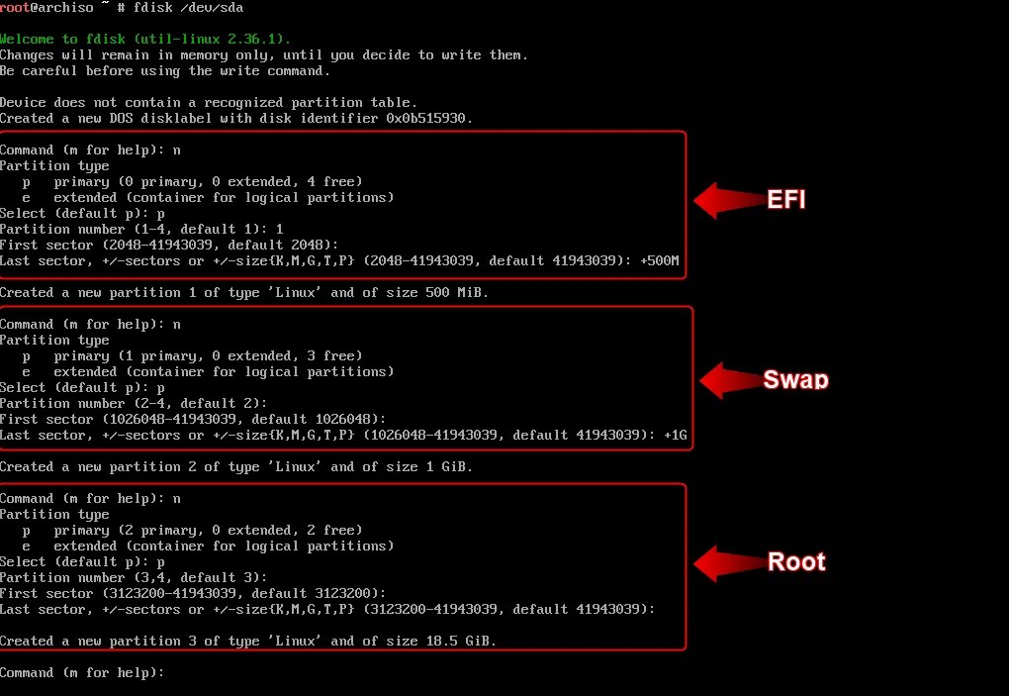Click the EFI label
[786, 199]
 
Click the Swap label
[795, 380]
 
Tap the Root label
[796, 562]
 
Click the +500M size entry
[659, 261]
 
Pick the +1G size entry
[675, 436]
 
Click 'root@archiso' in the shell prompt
[46, 8]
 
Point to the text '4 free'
[338, 182]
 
